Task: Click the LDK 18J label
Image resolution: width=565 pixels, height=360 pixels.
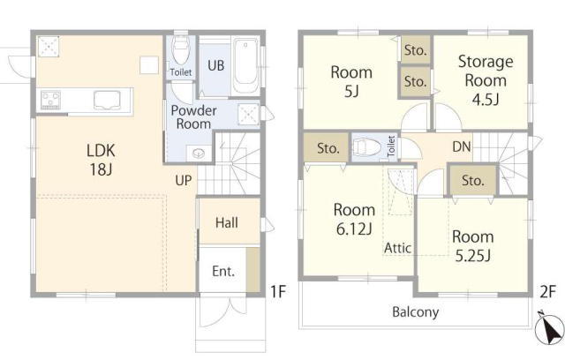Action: (101, 160)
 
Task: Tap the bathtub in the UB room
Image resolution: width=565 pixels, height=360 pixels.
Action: (245, 65)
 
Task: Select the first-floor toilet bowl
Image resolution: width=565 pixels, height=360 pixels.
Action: (181, 49)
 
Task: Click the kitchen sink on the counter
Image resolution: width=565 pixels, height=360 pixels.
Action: (107, 100)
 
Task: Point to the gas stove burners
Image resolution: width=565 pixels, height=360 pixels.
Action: (50, 100)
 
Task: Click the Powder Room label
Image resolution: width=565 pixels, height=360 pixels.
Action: (193, 117)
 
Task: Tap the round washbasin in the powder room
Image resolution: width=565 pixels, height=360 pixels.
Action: (199, 154)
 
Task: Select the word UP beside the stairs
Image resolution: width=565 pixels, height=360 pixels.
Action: (184, 180)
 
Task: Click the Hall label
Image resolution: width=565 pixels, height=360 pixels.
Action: (227, 223)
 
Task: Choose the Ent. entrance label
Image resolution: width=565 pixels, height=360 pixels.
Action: (223, 271)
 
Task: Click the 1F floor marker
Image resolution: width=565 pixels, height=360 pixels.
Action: (278, 291)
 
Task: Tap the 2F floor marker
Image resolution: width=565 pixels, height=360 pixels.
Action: (548, 292)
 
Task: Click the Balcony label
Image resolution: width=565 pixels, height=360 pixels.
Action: (416, 311)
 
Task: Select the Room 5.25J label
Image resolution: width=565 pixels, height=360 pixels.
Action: (473, 246)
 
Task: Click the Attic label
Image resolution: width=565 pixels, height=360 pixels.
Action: (397, 248)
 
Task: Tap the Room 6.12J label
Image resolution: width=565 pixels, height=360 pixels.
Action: (354, 219)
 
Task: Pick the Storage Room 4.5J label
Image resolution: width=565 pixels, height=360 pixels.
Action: (486, 80)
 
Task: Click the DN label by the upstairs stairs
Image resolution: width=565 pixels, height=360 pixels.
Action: (462, 146)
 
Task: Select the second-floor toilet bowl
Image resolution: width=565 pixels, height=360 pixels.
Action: (368, 147)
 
